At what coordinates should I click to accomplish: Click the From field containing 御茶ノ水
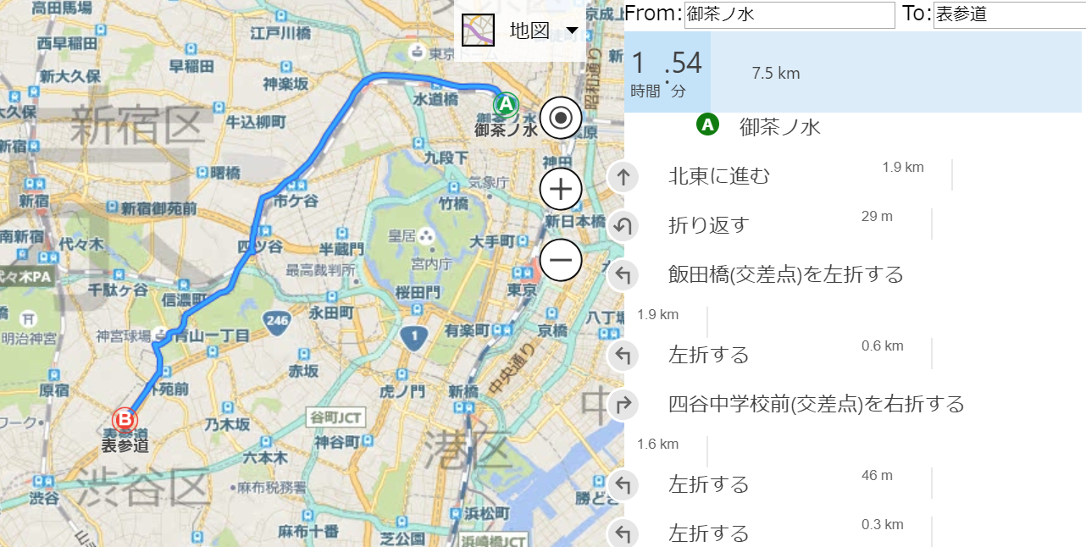[x=789, y=14]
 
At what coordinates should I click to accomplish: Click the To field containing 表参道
[x=1008, y=14]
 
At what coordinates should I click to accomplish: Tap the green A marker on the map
[x=506, y=105]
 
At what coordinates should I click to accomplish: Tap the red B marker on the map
[x=125, y=419]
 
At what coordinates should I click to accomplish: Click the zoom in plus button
[x=561, y=189]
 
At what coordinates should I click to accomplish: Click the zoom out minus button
[x=561, y=259]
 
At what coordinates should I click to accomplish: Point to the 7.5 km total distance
[x=775, y=74]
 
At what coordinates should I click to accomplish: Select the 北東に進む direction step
[x=719, y=176]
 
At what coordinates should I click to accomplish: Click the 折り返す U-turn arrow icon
[x=623, y=226]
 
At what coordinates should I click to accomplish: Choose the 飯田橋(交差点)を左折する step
[x=785, y=274]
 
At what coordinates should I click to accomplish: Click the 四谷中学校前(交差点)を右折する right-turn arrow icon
[x=623, y=405]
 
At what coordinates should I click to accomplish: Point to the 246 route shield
[x=277, y=321]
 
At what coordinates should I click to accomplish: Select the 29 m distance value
[x=877, y=216]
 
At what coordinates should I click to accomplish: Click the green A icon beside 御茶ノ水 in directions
[x=707, y=125]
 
